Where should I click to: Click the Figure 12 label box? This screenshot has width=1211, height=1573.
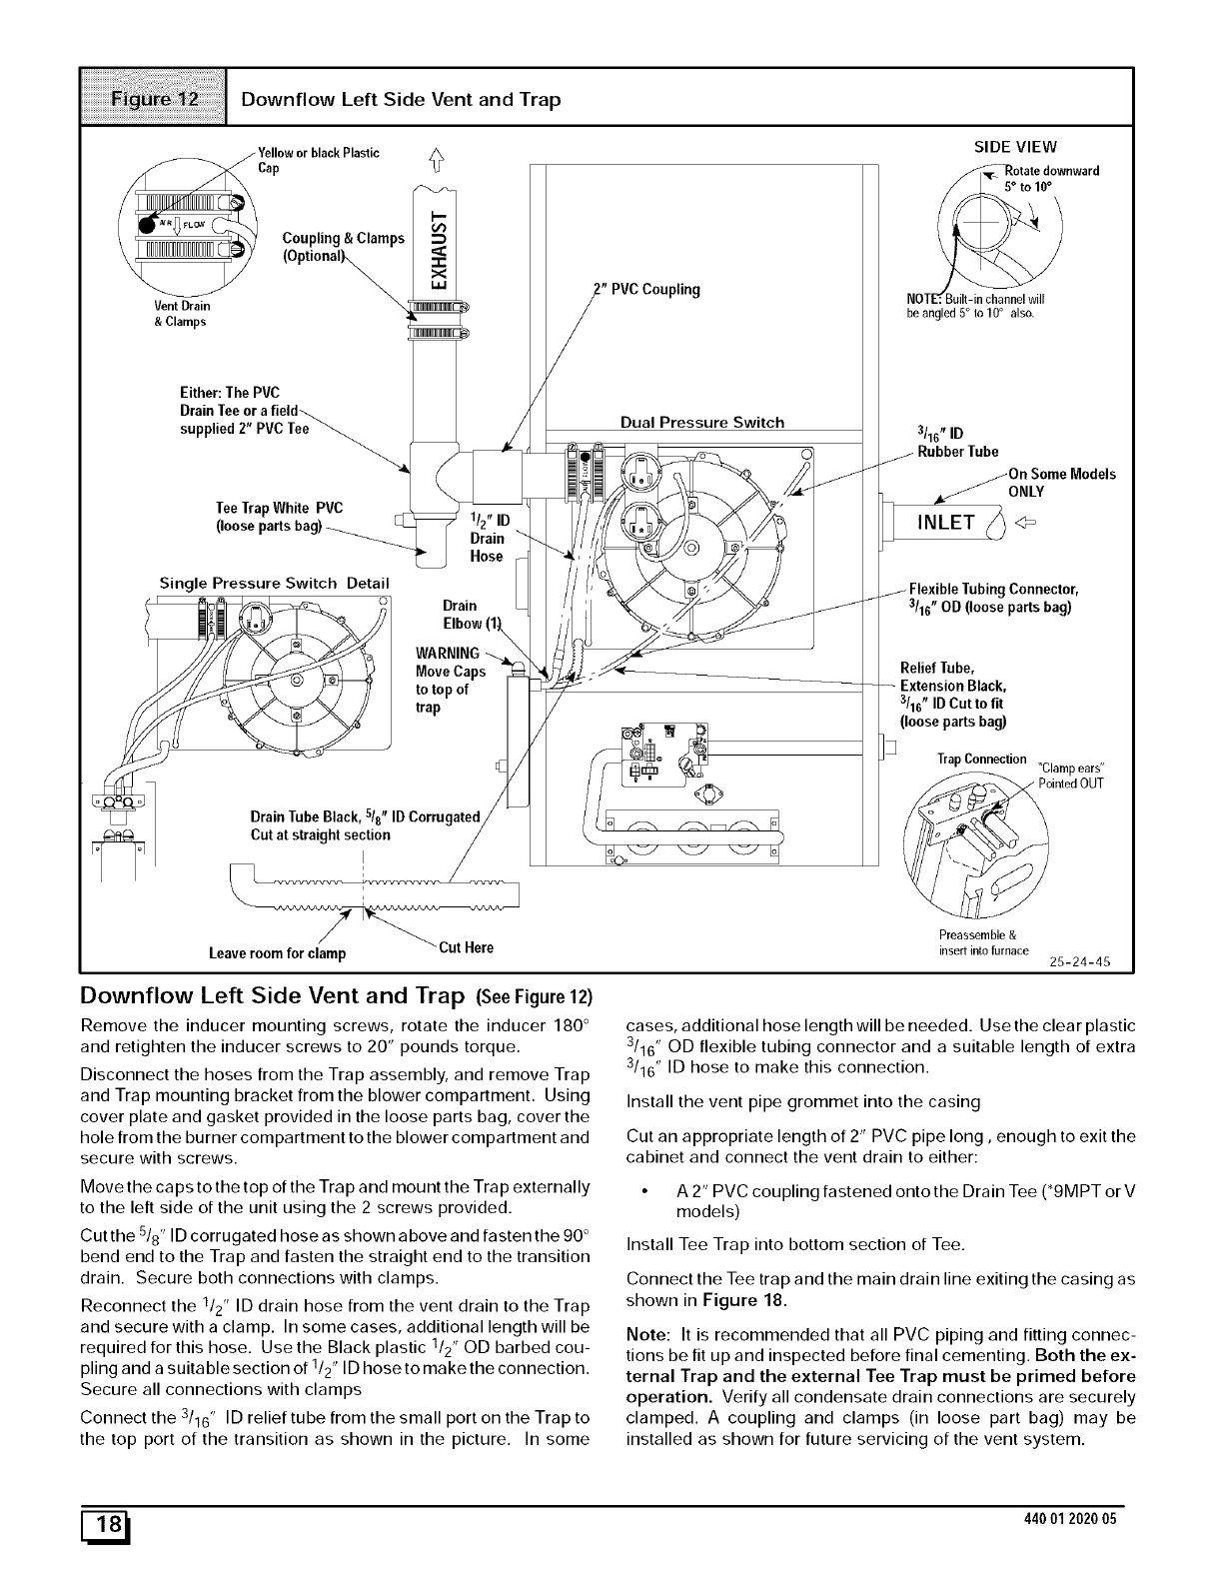[x=154, y=99]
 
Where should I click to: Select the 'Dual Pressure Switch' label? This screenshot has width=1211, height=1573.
[x=702, y=422]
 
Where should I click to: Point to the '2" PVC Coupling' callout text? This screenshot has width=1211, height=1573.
[x=647, y=290]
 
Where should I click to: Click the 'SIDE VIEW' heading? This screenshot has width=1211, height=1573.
[x=1015, y=147]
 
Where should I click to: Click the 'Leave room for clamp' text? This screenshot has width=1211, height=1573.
[x=278, y=953]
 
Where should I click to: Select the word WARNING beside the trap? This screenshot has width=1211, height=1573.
[x=441, y=654]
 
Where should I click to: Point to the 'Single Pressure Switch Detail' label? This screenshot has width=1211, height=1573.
[x=274, y=583]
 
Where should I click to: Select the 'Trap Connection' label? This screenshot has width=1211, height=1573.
[x=981, y=759]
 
